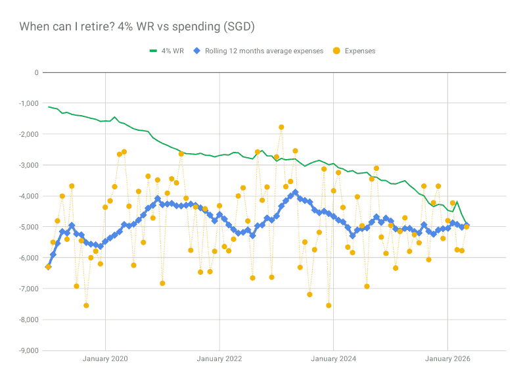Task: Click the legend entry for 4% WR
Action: [x=166, y=51]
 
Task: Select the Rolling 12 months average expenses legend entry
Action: [x=258, y=51]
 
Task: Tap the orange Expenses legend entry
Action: [x=354, y=51]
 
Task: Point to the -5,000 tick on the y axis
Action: [x=28, y=227]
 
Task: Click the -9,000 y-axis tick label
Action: [x=28, y=350]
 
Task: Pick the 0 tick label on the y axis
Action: [x=37, y=72]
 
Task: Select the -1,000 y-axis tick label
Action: [x=28, y=103]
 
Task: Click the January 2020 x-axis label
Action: [x=105, y=359]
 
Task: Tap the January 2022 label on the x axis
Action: [x=219, y=359]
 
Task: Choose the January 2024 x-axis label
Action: [x=334, y=359]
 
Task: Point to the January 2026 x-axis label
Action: [x=447, y=359]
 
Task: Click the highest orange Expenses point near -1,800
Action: [x=281, y=128]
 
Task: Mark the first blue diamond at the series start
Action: [x=48, y=267]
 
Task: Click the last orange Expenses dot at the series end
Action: [x=467, y=227]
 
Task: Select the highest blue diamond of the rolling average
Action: [x=295, y=193]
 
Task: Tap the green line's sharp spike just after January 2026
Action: [x=457, y=201]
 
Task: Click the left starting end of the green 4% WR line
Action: [x=48, y=107]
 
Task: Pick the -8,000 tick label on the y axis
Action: [x=28, y=320]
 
